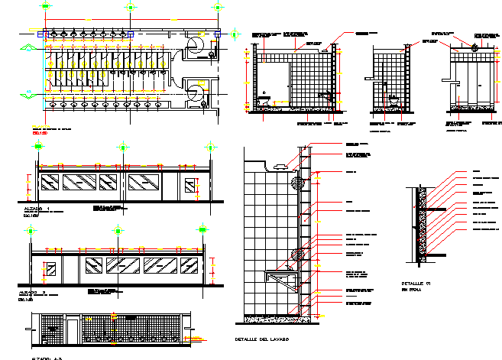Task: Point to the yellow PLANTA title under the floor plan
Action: pyautogui.click(x=39, y=126)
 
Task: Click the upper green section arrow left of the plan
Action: pyautogui.click(x=28, y=47)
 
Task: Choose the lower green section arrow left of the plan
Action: pyautogui.click(x=28, y=92)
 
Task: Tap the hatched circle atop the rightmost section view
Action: pyautogui.click(x=475, y=48)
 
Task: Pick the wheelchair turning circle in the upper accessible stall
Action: pyautogui.click(x=196, y=47)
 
